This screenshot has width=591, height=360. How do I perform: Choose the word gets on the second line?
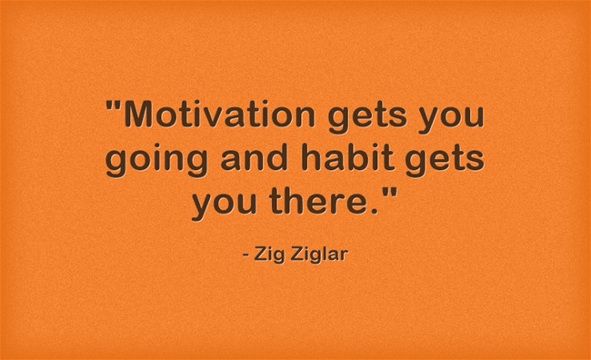pyautogui.click(x=445, y=163)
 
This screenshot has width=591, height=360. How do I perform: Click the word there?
pyautogui.click(x=324, y=199)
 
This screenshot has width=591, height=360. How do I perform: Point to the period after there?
pyautogui.click(x=377, y=209)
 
